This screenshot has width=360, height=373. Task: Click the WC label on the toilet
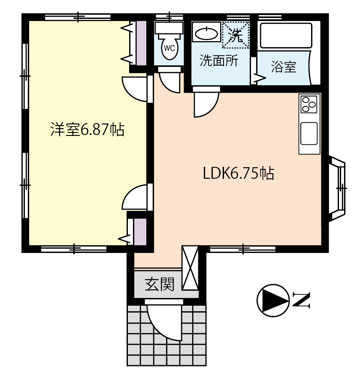coord(169,48)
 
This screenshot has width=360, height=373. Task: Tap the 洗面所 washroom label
coord(218,60)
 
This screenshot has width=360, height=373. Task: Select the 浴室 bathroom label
coord(284,67)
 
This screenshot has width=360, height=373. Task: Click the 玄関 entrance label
coord(160,284)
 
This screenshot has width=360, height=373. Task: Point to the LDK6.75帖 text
coord(238,173)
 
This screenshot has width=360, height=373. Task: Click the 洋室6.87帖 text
coord(87,129)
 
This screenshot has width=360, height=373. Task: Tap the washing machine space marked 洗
coord(236,35)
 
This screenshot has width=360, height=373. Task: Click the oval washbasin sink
coord(206,34)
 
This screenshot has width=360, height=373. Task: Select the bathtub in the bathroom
coord(286,36)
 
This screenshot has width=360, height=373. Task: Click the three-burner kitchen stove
coord(309,104)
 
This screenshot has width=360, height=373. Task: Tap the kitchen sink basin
coord(309,133)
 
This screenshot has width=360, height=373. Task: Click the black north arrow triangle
coord(272,301)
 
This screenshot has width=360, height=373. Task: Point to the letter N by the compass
coord(301,301)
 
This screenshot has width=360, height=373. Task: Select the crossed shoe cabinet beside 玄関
coord(190,268)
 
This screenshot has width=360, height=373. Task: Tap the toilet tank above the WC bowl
coord(169,28)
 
